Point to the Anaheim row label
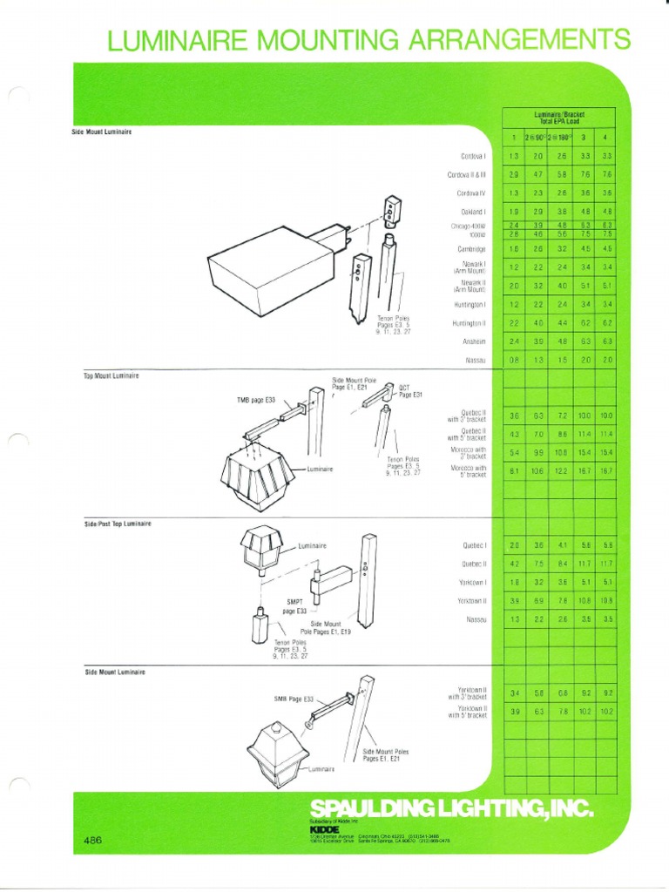point(475,341)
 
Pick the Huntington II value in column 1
point(514,323)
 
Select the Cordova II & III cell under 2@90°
point(538,175)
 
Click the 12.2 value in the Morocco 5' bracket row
point(562,471)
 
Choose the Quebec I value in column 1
point(514,545)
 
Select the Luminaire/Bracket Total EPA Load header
point(559,118)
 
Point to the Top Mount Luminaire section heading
point(105,375)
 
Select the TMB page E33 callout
point(256,400)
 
